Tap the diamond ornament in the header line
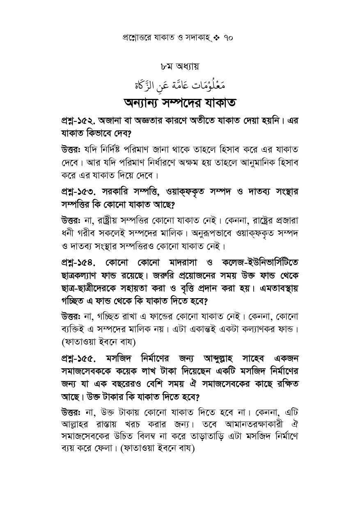click(x=217, y=38)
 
